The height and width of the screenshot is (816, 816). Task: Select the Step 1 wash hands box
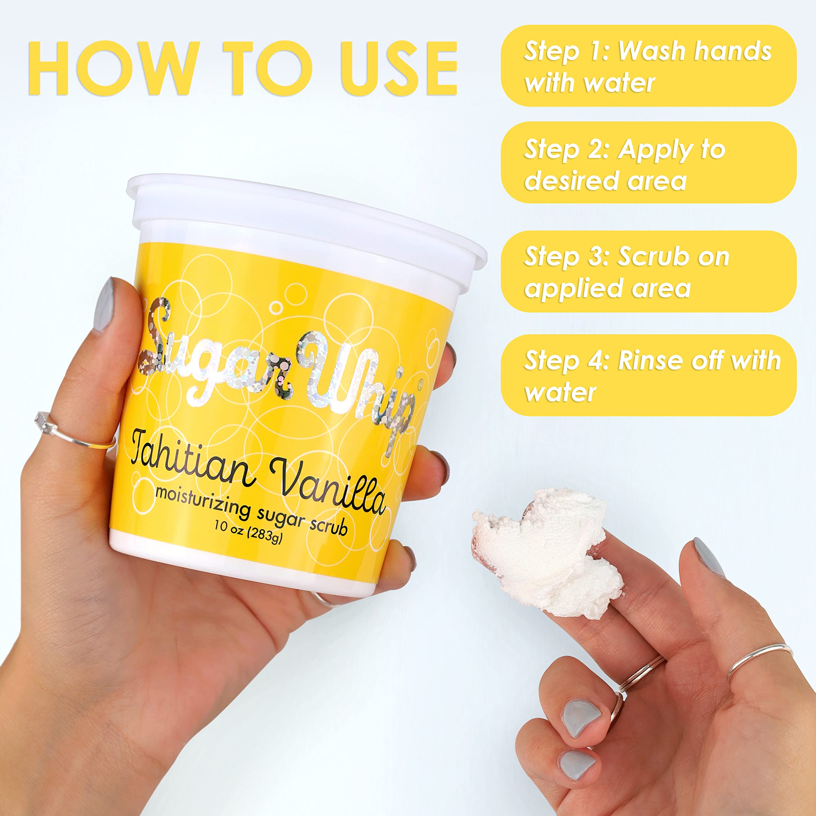[648, 65]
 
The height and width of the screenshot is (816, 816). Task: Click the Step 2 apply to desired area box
[648, 163]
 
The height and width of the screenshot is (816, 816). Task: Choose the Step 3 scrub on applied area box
[648, 272]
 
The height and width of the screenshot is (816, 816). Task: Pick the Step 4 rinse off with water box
[648, 375]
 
